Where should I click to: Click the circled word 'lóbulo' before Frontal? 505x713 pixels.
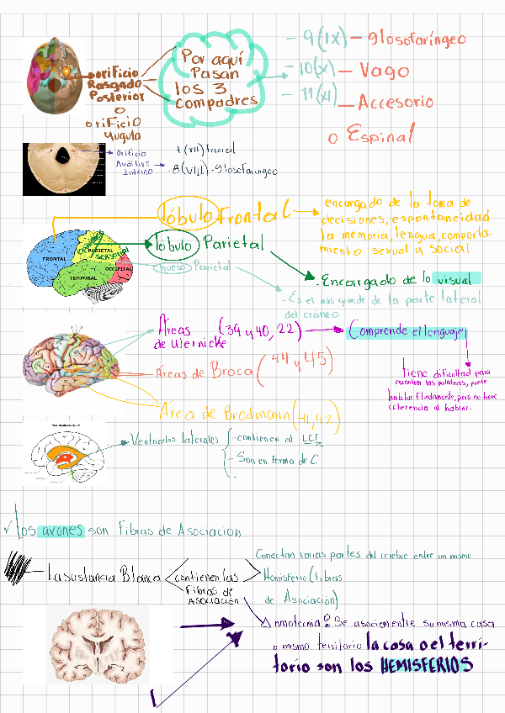click(x=187, y=211)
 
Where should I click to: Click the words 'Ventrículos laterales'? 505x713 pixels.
click(x=173, y=439)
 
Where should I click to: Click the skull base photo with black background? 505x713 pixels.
click(x=63, y=168)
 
